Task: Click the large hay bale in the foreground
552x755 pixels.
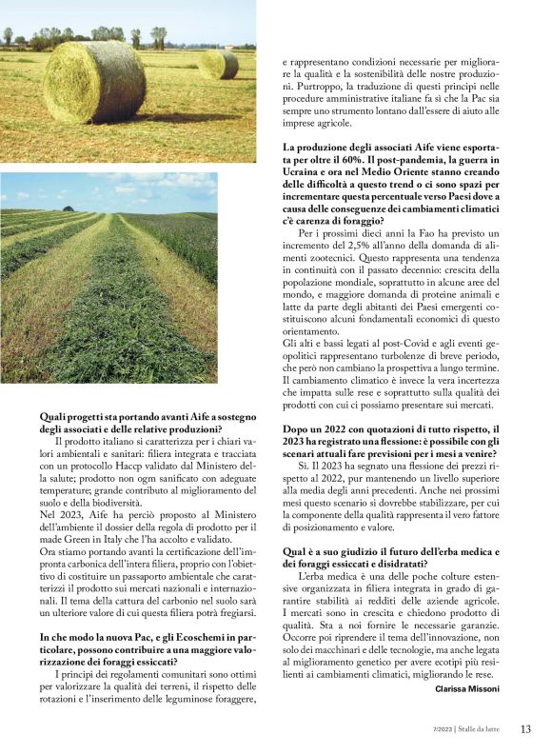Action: tap(94, 83)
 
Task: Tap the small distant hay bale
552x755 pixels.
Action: tap(219, 65)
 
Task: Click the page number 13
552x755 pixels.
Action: tap(525, 729)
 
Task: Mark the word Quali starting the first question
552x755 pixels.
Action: tap(54, 417)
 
